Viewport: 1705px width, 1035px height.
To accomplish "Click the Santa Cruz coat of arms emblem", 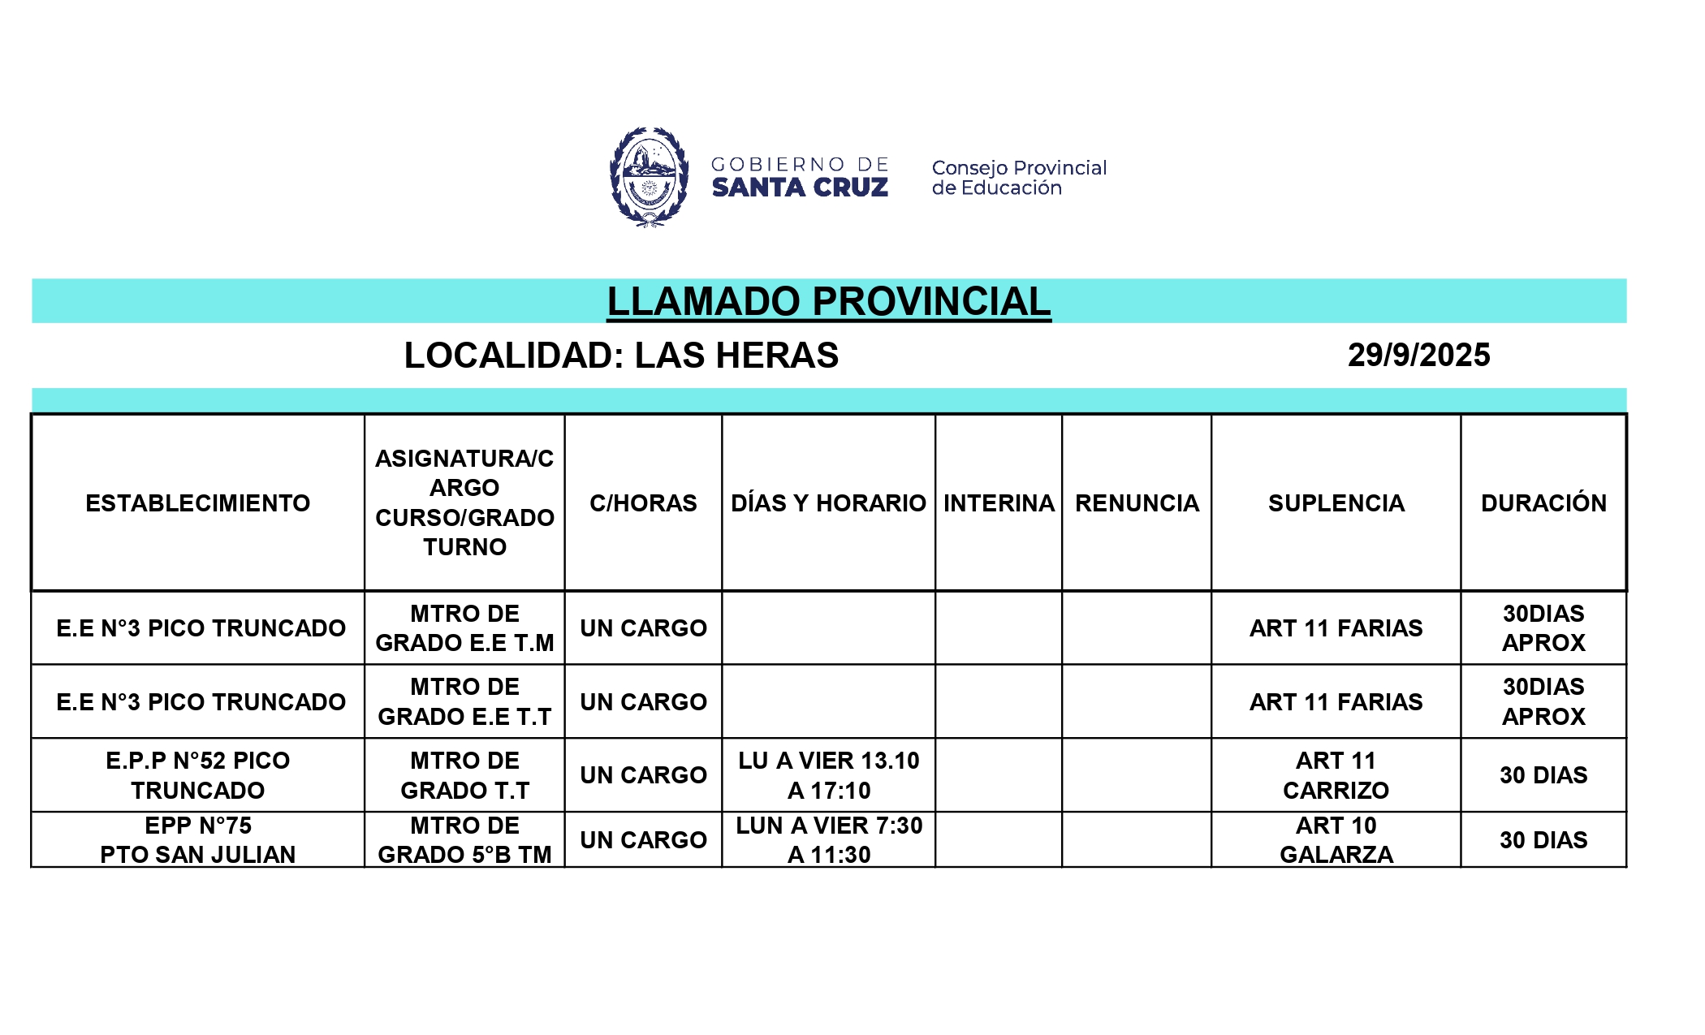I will pyautogui.click(x=649, y=177).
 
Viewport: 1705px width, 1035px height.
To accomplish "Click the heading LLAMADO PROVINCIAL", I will pyautogui.click(x=828, y=301).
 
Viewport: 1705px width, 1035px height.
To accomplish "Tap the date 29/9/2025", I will pyautogui.click(x=1418, y=356).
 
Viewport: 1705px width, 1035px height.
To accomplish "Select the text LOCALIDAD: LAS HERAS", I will pyautogui.click(x=621, y=356).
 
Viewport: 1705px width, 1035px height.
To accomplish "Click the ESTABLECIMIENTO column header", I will pyautogui.click(x=197, y=503).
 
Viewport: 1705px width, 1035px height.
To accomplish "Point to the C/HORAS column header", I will pyautogui.click(x=643, y=503).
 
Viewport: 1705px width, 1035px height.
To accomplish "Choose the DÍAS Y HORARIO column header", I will pyautogui.click(x=828, y=503).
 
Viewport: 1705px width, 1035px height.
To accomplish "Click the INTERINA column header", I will pyautogui.click(x=999, y=503).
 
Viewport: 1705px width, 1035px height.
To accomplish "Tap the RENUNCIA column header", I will pyautogui.click(x=1137, y=503).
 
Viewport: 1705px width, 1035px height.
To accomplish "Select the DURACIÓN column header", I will pyautogui.click(x=1543, y=503).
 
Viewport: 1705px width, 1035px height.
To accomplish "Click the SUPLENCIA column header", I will pyautogui.click(x=1336, y=503).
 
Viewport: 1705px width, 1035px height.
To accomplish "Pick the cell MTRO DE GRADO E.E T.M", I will pyautogui.click(x=464, y=628).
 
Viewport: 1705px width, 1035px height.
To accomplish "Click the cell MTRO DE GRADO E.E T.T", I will pyautogui.click(x=464, y=701).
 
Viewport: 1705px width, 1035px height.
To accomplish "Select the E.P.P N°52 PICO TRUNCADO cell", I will pyautogui.click(x=197, y=775).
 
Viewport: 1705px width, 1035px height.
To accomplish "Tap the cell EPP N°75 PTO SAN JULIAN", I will pyautogui.click(x=197, y=840).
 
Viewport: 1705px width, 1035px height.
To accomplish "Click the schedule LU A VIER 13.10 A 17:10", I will pyautogui.click(x=828, y=775).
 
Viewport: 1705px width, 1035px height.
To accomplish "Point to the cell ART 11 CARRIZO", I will pyautogui.click(x=1336, y=775).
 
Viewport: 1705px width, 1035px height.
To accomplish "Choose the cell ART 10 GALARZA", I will pyautogui.click(x=1336, y=840).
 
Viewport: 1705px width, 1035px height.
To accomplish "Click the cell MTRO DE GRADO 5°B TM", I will pyautogui.click(x=464, y=840).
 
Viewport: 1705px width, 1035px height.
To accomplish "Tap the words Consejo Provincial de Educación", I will pyautogui.click(x=1018, y=178).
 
